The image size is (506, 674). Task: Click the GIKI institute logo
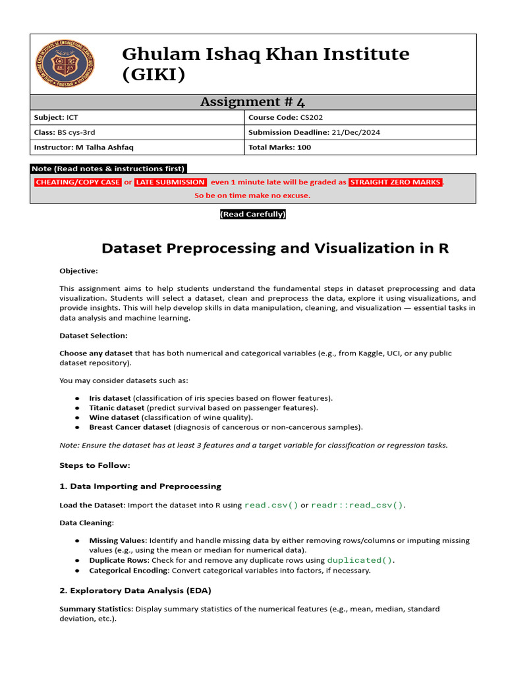tap(64, 64)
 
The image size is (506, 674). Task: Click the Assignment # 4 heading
tap(252, 101)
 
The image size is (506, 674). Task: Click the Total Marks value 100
tap(304, 147)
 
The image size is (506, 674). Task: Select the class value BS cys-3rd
tap(81, 132)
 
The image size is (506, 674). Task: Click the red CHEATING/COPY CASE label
tap(78, 182)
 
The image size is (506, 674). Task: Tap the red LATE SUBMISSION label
tap(171, 182)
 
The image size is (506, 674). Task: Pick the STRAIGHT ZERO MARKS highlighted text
tap(395, 182)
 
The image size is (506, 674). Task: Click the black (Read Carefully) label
tap(252, 215)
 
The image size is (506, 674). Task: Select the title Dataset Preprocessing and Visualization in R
tap(275, 248)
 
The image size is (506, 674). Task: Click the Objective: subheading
tap(78, 271)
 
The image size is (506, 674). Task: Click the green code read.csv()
tap(271, 505)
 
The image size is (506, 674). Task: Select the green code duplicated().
tap(360, 560)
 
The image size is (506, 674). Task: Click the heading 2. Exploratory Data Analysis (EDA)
tap(135, 590)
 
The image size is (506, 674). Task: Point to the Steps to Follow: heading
tap(95, 465)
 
